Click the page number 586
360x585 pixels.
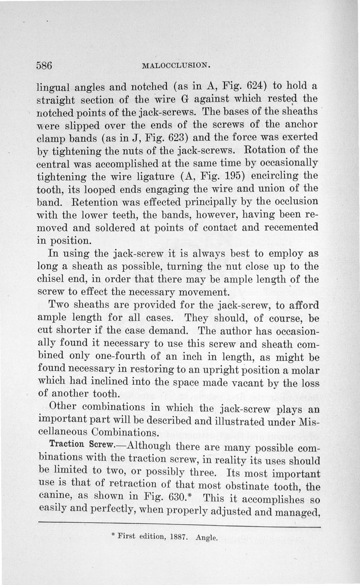pos(45,65)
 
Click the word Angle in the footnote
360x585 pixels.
pos(207,537)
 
